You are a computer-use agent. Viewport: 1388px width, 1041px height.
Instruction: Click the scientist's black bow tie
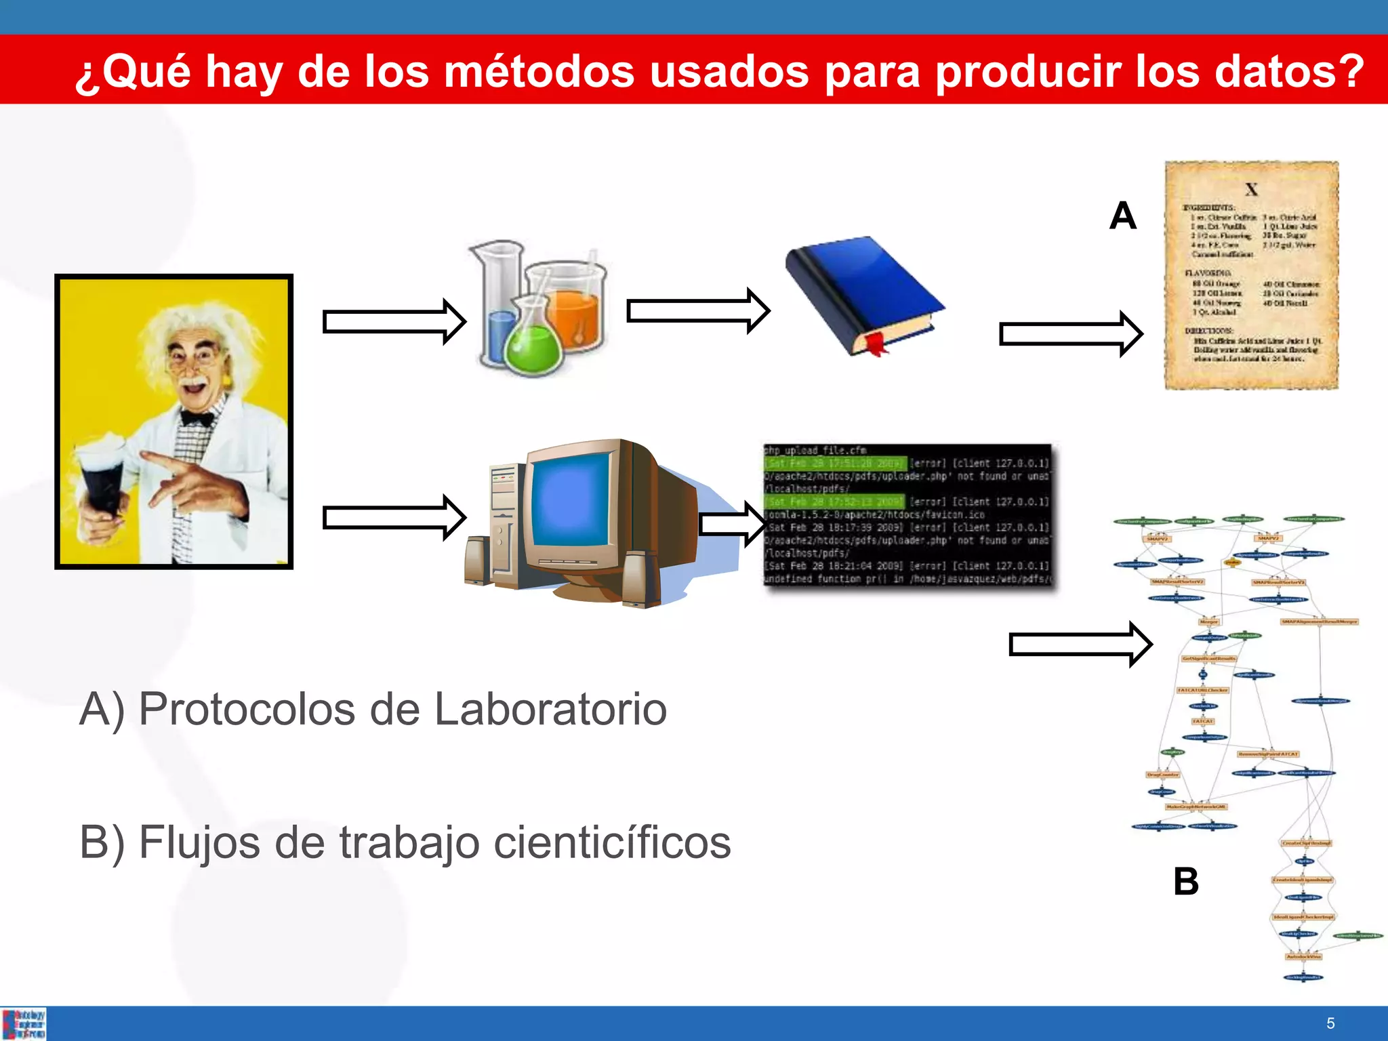point(197,418)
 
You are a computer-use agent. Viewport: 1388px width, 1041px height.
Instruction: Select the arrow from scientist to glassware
point(394,321)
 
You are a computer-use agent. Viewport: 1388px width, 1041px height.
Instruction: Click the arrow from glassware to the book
point(697,311)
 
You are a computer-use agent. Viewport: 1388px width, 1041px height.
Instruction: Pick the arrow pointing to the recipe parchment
point(1070,333)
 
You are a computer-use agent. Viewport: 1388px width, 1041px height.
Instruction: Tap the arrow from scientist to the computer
point(394,518)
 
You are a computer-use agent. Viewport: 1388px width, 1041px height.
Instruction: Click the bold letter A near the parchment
point(1122,216)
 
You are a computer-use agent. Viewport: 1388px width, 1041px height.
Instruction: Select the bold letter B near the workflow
point(1186,882)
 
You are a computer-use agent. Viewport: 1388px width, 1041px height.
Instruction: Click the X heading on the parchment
point(1251,190)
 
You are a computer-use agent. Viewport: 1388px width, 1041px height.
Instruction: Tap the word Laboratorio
point(550,710)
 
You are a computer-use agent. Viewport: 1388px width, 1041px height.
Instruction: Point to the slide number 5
point(1330,1023)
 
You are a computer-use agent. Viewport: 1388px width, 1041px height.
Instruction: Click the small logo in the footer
point(24,1023)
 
